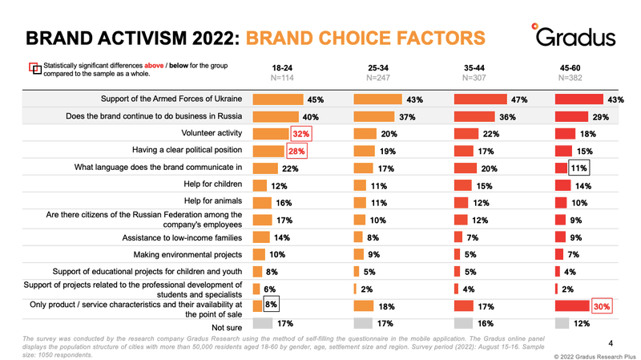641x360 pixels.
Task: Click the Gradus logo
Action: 574,35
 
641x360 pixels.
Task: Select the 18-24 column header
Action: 282,68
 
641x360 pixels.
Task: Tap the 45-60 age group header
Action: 570,68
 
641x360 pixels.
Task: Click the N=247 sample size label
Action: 378,78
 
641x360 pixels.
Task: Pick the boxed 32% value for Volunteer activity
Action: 301,134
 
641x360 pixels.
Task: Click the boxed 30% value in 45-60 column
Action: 602,306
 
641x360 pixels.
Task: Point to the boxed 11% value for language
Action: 579,168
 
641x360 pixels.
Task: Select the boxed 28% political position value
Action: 296,151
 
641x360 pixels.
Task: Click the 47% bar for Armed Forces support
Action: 480,99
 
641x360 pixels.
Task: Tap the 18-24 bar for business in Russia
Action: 276,116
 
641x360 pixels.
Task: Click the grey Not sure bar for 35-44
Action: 463,323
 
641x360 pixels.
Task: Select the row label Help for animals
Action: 213,201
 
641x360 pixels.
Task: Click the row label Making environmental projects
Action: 187,255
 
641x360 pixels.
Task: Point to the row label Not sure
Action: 227,328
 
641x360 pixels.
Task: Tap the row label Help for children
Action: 213,184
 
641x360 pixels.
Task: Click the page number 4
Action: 611,343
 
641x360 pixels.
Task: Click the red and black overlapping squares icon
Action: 35,68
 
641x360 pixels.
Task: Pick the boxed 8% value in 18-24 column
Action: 271,304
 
